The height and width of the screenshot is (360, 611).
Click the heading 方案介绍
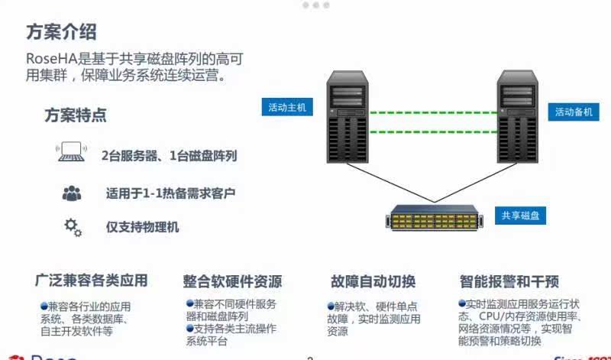61,32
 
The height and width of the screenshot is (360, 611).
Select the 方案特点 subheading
76,115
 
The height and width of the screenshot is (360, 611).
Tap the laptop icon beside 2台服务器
71,154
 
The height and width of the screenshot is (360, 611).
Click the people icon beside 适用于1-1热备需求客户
72,193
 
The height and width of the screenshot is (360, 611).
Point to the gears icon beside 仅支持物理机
73,226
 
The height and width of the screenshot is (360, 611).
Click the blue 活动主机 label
286,108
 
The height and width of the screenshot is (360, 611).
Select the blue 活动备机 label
573,112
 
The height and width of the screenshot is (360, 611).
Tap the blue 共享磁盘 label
519,216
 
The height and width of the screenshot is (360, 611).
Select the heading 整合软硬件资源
232,281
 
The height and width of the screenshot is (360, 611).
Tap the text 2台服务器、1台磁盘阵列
169,156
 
